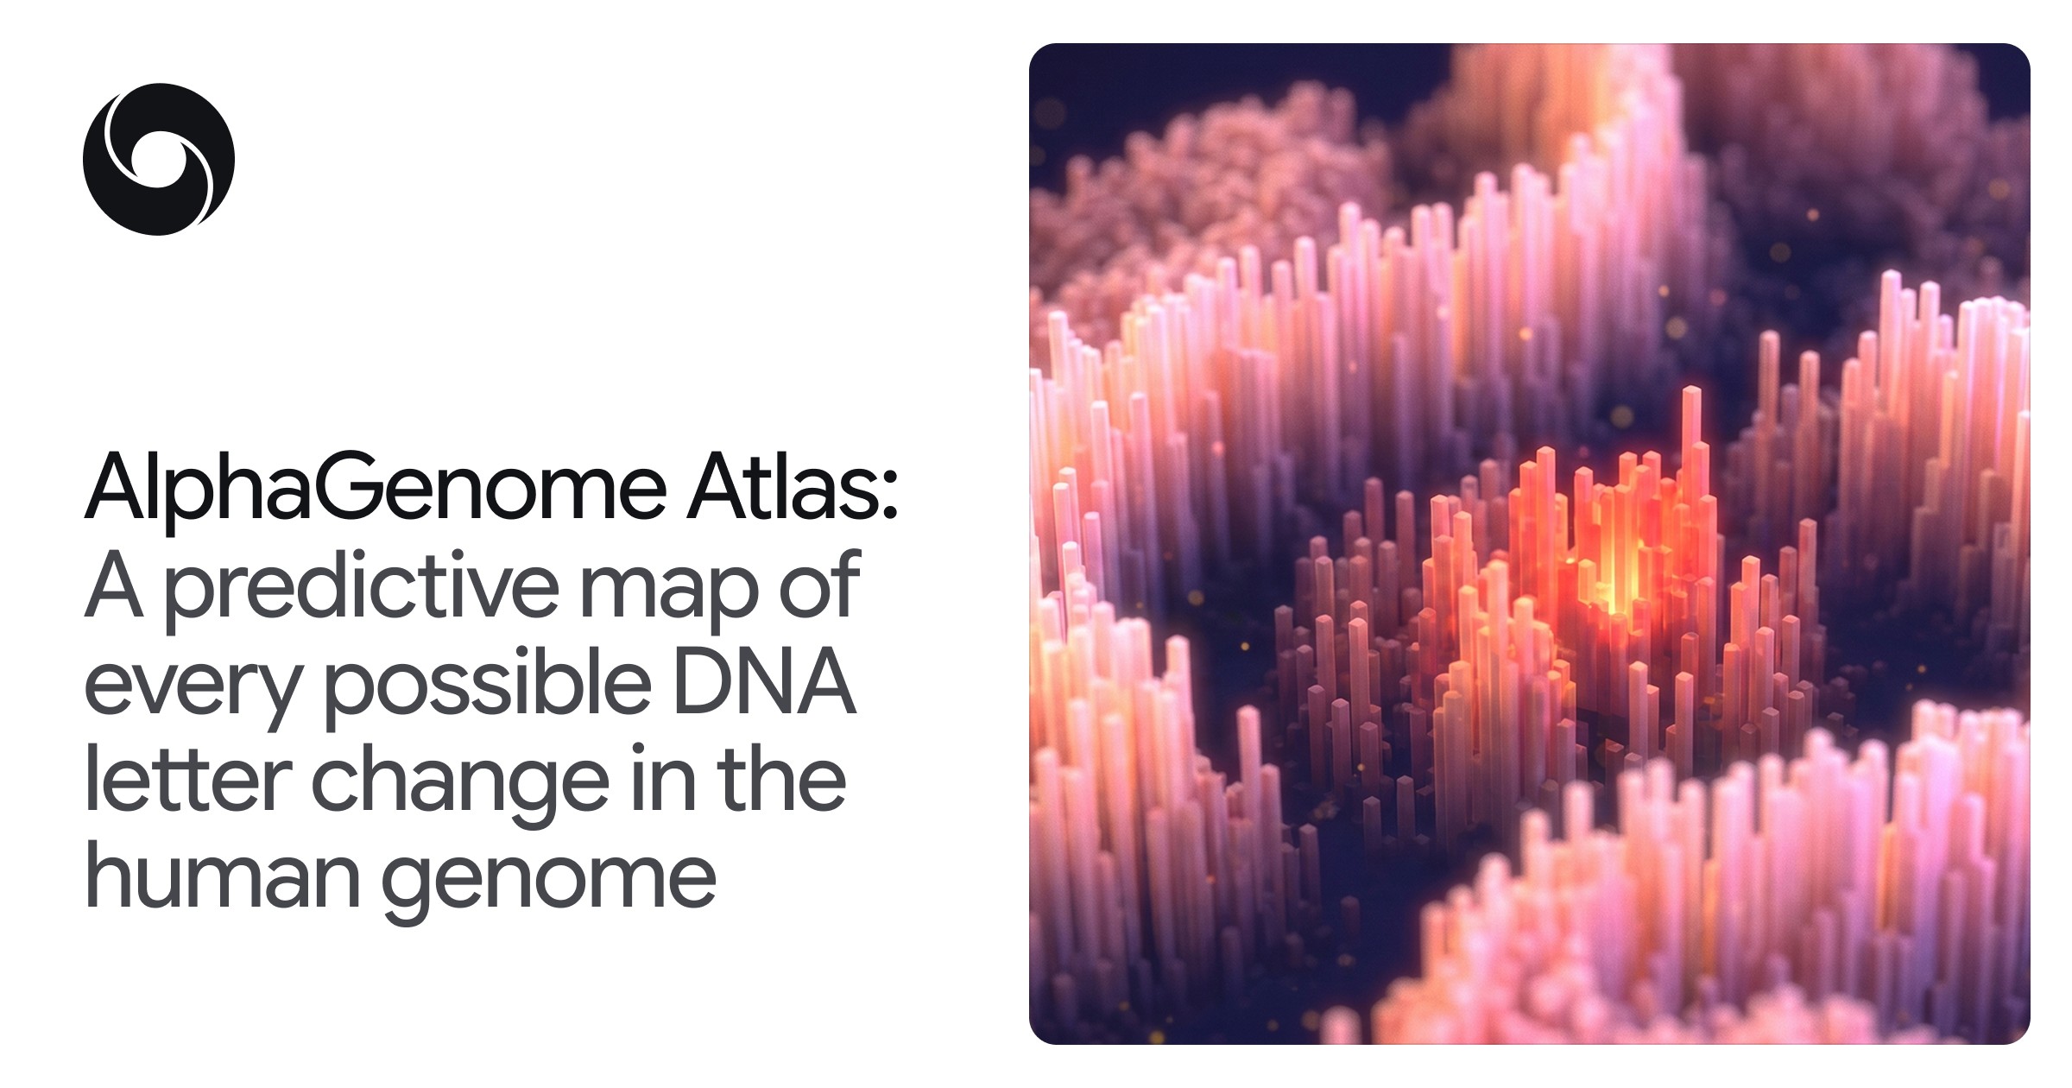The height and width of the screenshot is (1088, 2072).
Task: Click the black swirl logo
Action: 158,159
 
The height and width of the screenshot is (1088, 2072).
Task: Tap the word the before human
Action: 782,776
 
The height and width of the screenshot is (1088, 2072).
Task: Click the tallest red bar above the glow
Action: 1691,449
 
